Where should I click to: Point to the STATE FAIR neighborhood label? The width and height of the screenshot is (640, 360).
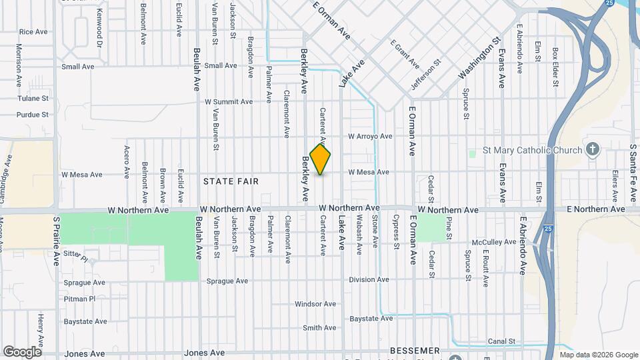231,181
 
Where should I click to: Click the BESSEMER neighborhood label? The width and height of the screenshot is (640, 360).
415,351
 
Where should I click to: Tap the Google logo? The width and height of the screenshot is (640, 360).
22,351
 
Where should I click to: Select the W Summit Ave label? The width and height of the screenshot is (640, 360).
229,102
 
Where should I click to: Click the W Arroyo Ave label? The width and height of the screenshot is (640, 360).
370,136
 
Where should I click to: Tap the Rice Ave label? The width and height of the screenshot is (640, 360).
33,31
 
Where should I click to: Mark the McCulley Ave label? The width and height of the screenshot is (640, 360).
495,242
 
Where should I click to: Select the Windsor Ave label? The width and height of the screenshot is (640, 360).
315,304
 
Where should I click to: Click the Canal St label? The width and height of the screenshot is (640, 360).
502,341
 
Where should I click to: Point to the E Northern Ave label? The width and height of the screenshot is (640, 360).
596,209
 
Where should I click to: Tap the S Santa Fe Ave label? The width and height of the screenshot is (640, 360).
633,173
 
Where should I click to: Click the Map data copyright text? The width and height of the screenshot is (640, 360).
599,355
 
